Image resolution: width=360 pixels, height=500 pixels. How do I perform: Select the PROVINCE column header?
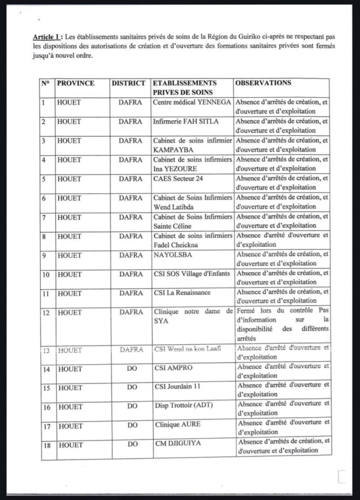pos(76,83)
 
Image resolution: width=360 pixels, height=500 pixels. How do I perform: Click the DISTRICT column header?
pos(128,83)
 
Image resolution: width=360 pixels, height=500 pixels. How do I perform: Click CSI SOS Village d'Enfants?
pos(191,274)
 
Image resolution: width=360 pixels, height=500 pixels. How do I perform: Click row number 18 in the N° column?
pos(46,445)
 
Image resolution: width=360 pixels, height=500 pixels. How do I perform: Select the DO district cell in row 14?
pos(132,369)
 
